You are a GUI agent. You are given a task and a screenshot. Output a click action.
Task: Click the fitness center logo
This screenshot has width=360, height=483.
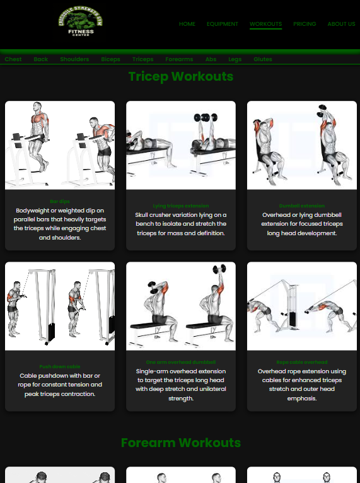81,23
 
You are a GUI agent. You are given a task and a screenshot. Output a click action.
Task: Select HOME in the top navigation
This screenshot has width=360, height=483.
187,24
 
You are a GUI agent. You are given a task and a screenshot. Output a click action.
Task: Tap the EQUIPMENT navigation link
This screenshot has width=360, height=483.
223,24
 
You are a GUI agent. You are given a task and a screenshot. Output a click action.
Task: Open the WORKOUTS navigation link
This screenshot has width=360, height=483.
265,24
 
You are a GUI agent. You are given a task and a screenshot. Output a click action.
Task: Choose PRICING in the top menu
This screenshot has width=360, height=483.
305,24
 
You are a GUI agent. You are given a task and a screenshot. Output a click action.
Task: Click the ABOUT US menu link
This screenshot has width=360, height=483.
341,24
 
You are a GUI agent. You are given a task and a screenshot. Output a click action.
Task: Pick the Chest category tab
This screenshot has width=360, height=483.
13,59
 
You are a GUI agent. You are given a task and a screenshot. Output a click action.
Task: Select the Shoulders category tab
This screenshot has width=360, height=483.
74,59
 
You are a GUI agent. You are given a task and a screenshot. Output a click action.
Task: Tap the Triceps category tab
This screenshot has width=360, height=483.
142,59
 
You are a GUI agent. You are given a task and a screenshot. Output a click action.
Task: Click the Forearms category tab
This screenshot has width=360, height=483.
179,59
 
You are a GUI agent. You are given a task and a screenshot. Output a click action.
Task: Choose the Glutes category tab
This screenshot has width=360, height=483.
263,59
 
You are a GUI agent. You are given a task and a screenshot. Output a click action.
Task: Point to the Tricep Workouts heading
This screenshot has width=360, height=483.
180,76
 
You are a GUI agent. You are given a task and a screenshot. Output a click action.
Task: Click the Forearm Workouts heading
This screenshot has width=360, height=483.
180,443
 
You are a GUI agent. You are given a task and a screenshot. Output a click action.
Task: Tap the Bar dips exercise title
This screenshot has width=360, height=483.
60,201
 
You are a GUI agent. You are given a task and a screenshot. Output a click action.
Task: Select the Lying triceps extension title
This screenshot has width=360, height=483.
180,206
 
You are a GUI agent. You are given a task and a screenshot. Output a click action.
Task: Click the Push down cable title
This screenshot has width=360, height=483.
60,366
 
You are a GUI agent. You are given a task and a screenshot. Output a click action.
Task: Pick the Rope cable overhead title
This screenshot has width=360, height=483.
301,362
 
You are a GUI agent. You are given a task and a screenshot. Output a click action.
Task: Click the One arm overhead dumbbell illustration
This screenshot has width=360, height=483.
180,306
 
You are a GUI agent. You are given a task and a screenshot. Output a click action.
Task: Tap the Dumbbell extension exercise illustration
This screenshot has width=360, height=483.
301,145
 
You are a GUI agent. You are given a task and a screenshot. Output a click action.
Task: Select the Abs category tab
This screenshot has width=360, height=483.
211,59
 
